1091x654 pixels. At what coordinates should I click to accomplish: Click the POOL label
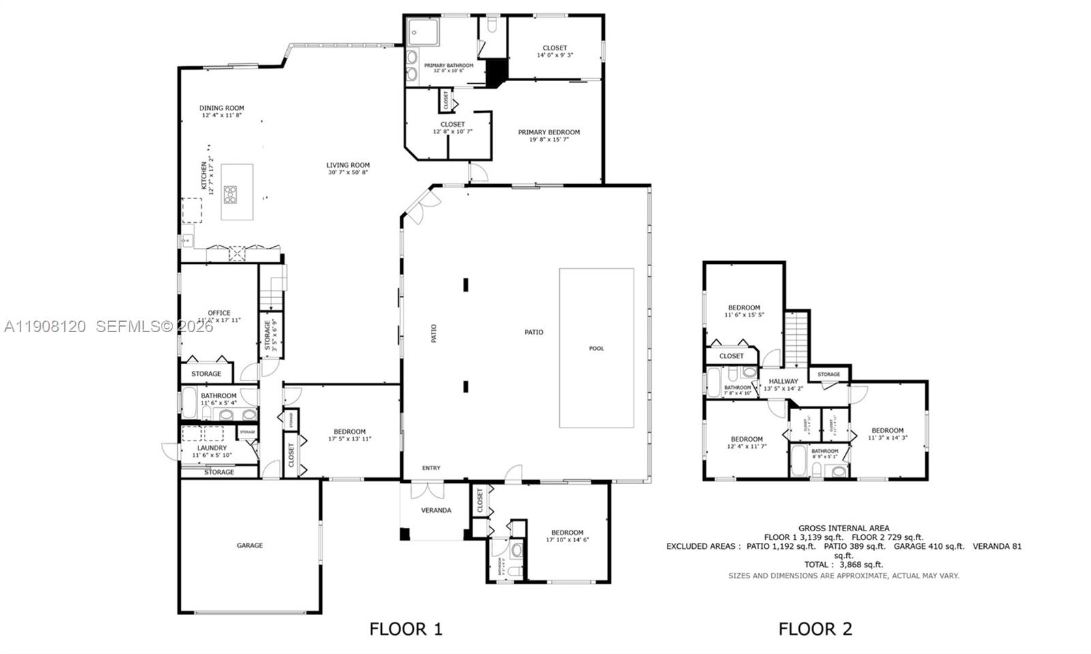coord(596,348)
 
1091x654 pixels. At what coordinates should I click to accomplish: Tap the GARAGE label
coord(250,546)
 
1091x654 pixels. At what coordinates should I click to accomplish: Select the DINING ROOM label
coord(222,108)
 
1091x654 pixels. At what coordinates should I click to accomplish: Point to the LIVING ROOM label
coord(348,165)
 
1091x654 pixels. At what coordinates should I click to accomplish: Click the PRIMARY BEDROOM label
coord(549,132)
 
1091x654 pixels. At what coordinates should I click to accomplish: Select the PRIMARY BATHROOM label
coord(449,66)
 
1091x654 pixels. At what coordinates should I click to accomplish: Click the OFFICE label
coord(219,313)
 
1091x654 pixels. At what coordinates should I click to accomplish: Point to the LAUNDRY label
coord(212,448)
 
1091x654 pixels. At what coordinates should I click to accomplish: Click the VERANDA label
coord(436,510)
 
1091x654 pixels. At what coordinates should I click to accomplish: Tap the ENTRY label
coord(431,468)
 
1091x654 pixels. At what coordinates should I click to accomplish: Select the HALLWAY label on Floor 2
coord(783,382)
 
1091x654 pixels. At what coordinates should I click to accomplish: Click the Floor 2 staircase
coord(796,339)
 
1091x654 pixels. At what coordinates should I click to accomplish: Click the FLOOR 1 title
coord(406,629)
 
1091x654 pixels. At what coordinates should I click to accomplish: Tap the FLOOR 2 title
coord(815,629)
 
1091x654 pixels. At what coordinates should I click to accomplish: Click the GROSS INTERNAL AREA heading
coord(843,528)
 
